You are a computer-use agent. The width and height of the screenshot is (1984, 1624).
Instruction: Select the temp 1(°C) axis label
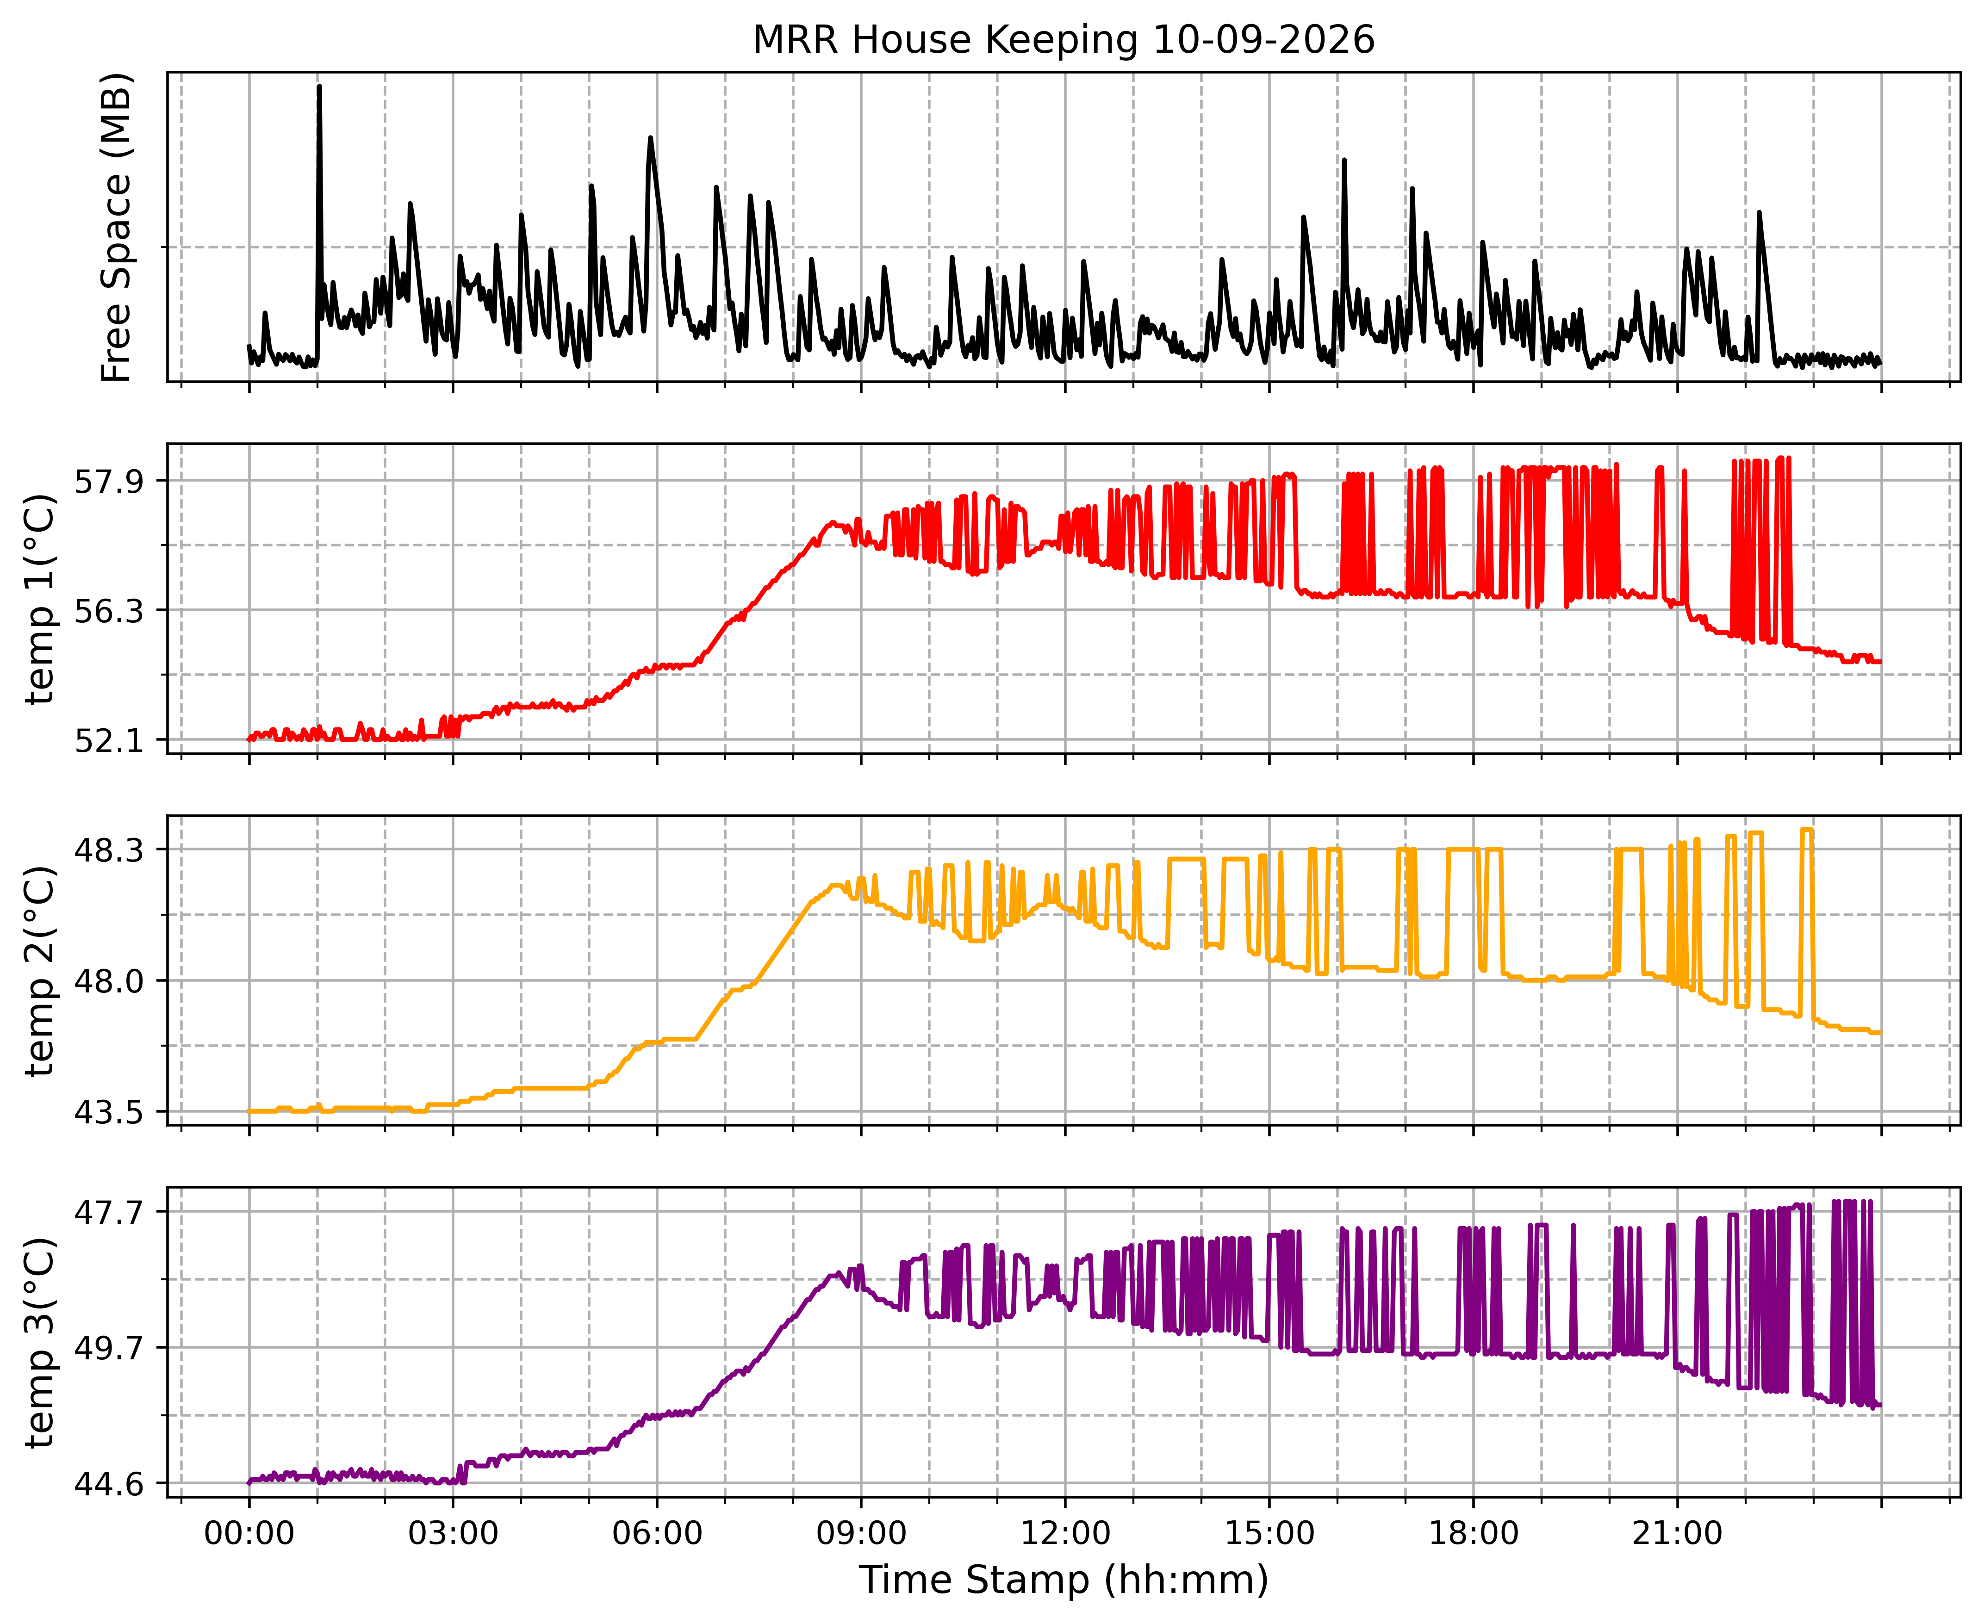41,599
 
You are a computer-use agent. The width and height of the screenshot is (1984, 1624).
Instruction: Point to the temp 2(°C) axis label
41,971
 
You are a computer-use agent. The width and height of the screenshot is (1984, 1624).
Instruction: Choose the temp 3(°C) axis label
41,1342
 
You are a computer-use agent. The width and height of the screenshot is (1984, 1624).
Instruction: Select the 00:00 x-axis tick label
249,1534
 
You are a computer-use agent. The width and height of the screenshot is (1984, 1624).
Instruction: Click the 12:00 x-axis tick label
1065,1534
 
